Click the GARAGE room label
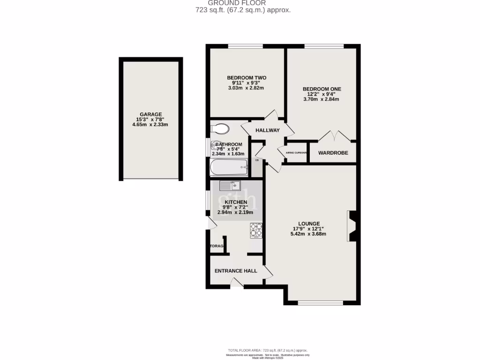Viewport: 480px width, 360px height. click(x=150, y=114)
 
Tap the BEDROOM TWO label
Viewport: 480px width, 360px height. click(x=247, y=77)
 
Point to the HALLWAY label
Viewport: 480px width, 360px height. click(x=267, y=130)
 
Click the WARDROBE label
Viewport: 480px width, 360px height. click(x=333, y=153)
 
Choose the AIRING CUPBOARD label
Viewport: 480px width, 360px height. click(x=293, y=153)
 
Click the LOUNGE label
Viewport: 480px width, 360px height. click(x=309, y=224)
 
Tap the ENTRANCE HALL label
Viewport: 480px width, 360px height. click(x=236, y=271)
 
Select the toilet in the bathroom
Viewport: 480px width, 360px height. click(x=219, y=128)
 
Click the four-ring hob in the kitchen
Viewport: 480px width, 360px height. click(x=256, y=230)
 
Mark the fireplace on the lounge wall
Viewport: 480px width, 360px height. click(x=352, y=226)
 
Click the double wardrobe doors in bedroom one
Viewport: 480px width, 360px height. click(x=334, y=136)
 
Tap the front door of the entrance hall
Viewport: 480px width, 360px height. click(x=236, y=282)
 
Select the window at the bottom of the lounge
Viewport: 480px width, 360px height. click(x=321, y=302)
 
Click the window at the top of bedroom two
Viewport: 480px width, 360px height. click(x=246, y=46)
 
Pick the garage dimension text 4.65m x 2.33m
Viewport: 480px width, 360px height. click(x=150, y=125)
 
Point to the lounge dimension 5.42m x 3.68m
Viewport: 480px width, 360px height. click(x=308, y=234)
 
